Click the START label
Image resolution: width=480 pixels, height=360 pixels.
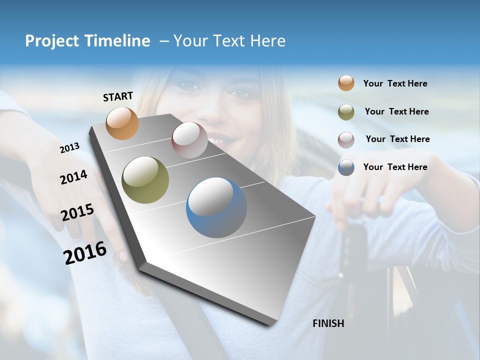pyautogui.click(x=118, y=96)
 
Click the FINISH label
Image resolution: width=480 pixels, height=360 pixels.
pyautogui.click(x=328, y=323)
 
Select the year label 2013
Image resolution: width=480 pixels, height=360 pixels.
pyautogui.click(x=69, y=148)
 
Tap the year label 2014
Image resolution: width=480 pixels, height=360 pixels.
pyautogui.click(x=73, y=177)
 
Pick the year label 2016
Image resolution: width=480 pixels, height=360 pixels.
pyautogui.click(x=85, y=253)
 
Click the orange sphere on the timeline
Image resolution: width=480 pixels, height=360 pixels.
pyautogui.click(x=122, y=123)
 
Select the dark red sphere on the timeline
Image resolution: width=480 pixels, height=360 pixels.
pyautogui.click(x=189, y=140)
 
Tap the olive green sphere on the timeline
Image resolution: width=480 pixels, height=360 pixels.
pyautogui.click(x=145, y=180)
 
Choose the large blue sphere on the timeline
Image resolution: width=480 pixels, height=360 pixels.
pyautogui.click(x=216, y=207)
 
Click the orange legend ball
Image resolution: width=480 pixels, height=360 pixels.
pyautogui.click(x=346, y=83)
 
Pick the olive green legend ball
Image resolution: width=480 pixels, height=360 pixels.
pyautogui.click(x=346, y=111)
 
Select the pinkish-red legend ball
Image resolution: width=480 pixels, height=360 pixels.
pyautogui.click(x=346, y=139)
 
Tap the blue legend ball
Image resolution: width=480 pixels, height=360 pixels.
pyautogui.click(x=346, y=167)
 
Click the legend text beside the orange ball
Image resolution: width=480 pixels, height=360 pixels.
pyautogui.click(x=395, y=83)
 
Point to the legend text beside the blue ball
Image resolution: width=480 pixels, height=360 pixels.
pyautogui.click(x=395, y=167)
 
